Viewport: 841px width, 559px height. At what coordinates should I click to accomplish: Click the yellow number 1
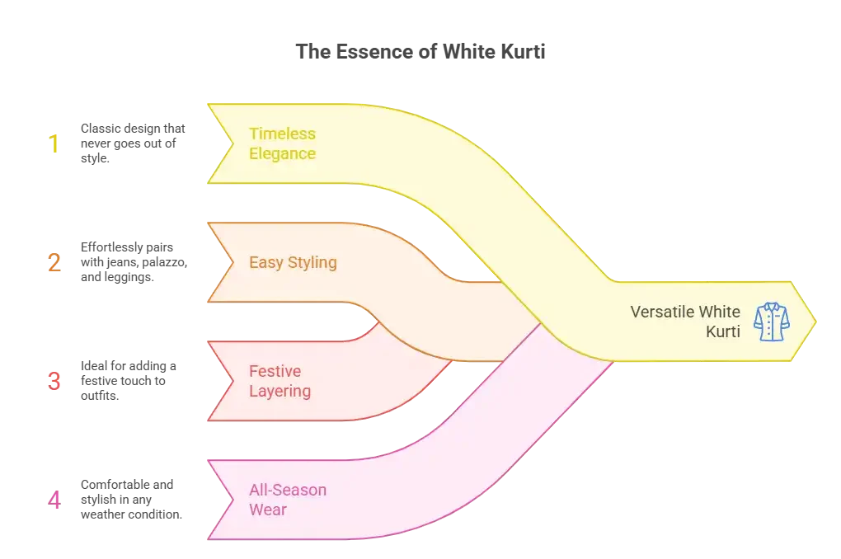[54, 145]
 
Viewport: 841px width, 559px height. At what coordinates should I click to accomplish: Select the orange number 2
[54, 263]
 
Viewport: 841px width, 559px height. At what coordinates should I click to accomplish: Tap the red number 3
[54, 382]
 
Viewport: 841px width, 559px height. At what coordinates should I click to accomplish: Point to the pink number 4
[54, 500]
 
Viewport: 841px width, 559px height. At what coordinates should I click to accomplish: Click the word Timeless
[282, 134]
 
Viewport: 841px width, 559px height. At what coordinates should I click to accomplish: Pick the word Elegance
[282, 153]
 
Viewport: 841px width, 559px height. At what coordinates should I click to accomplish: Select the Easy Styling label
[293, 263]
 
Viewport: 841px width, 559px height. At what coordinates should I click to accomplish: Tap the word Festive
[275, 371]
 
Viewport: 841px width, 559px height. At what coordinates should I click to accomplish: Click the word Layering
[280, 391]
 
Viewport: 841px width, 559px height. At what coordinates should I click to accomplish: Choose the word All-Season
[287, 490]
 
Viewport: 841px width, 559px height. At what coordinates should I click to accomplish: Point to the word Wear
[267, 510]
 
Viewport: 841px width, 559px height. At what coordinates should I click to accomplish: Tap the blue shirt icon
[771, 322]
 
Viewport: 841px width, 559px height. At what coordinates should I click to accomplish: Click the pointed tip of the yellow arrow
[815, 321]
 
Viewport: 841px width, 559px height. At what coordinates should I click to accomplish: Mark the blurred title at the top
[421, 51]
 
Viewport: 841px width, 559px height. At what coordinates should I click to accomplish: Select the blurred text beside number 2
[132, 261]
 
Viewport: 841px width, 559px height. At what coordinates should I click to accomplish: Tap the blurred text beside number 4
[129, 497]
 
